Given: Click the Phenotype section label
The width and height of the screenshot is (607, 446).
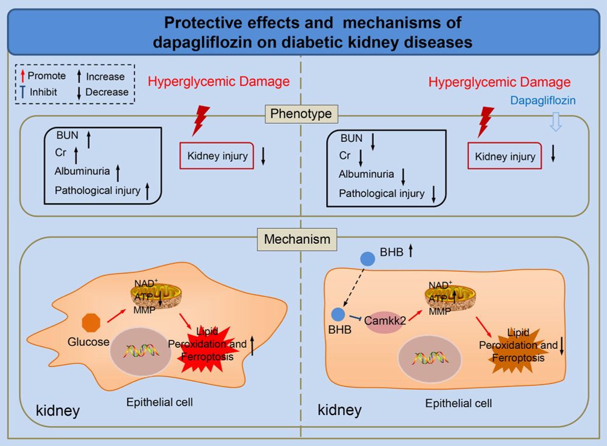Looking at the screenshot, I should tap(302, 113).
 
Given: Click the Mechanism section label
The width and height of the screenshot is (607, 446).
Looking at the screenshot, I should tap(297, 239).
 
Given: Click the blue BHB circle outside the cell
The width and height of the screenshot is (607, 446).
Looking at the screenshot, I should tap(367, 258).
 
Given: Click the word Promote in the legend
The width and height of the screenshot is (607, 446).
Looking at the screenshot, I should tap(47, 76).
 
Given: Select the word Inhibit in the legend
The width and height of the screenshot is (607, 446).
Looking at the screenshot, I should tap(44, 92).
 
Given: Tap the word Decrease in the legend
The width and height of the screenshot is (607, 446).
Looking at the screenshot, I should tap(107, 92).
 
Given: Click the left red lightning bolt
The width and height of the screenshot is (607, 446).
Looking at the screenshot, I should tap(200, 120).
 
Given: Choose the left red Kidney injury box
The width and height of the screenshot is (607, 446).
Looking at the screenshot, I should tap(217, 156).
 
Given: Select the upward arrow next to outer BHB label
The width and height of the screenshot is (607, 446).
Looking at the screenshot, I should tap(411, 249).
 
